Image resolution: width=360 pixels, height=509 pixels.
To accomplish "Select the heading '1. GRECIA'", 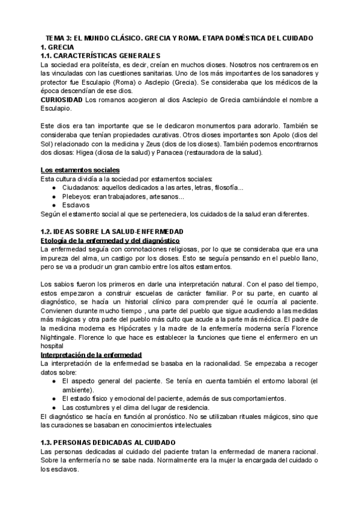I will (x=56, y=46).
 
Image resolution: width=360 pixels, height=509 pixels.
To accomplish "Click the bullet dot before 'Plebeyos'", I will (x=55, y=197).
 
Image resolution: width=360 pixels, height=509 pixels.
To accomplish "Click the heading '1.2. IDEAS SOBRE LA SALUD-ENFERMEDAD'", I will (x=106, y=232).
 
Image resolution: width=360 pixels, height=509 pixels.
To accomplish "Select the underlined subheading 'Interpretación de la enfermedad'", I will (x=91, y=355).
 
